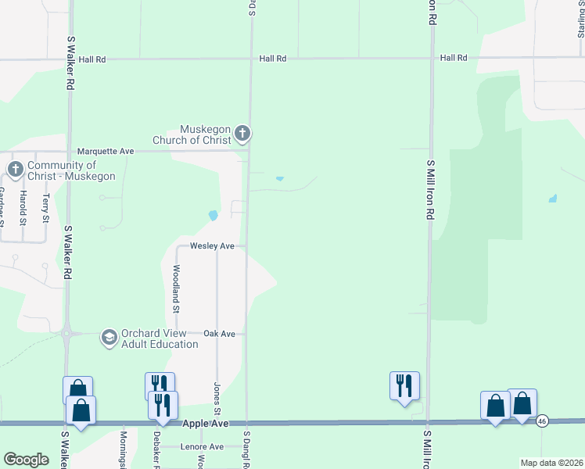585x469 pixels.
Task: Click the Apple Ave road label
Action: pyautogui.click(x=206, y=423)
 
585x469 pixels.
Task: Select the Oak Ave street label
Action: pyautogui.click(x=219, y=334)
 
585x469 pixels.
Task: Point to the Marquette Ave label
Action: pyautogui.click(x=106, y=151)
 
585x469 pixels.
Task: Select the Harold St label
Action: pyautogui.click(x=23, y=206)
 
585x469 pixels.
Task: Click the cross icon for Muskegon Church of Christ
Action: pyautogui.click(x=242, y=134)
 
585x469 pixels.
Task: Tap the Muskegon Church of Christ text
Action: pyautogui.click(x=206, y=134)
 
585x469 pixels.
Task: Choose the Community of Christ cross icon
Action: pyautogui.click(x=15, y=169)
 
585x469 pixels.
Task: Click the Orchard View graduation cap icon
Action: pyautogui.click(x=109, y=337)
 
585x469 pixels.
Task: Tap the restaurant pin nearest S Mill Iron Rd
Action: pyautogui.click(x=404, y=385)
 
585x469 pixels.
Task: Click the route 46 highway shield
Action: pyautogui.click(x=542, y=421)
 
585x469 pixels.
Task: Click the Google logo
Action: pyautogui.click(x=27, y=459)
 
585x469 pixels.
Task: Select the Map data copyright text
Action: pyautogui.click(x=551, y=463)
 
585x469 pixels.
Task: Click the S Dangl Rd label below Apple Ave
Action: pyautogui.click(x=246, y=449)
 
